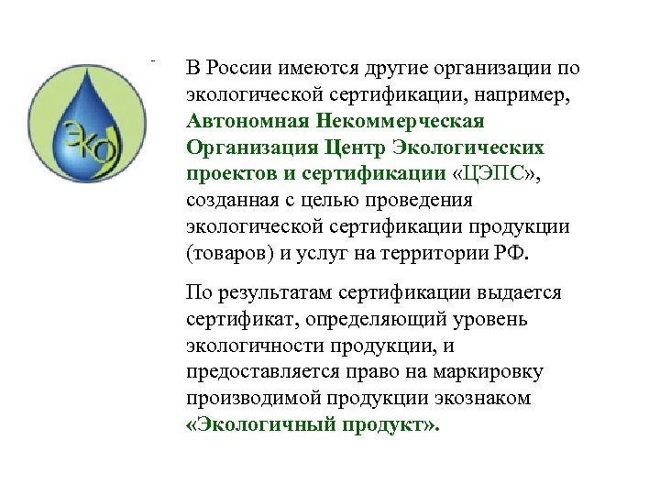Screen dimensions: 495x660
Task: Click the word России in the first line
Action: click(x=234, y=68)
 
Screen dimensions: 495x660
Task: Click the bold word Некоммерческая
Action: click(x=400, y=121)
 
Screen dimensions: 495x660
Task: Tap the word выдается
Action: click(x=518, y=293)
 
